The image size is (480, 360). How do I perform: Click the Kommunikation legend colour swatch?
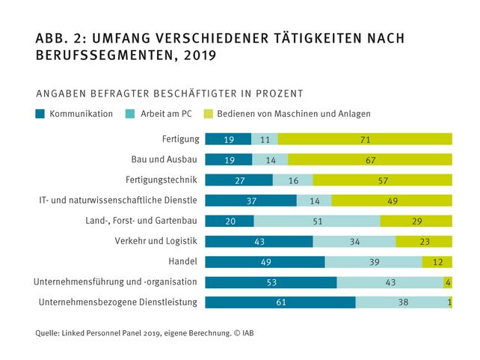[40, 115]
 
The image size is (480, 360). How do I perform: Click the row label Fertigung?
[180, 139]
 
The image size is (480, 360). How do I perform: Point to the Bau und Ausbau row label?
[163, 159]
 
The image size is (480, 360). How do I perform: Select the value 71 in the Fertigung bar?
[365, 139]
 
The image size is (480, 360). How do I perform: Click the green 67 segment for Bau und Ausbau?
[370, 159]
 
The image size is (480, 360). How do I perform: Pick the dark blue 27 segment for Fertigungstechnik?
[239, 180]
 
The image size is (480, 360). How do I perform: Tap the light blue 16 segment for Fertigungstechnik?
[293, 180]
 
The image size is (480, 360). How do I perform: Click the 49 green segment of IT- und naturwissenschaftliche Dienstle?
[392, 201]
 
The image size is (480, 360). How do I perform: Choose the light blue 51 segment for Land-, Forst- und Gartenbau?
[317, 221]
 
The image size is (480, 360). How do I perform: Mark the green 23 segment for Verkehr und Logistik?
[424, 241]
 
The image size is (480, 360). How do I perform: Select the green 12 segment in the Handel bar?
[437, 261]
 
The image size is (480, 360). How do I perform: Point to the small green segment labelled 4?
[447, 282]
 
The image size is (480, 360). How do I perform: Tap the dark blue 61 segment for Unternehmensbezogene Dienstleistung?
[280, 302]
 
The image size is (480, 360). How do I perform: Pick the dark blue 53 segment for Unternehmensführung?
[271, 282]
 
